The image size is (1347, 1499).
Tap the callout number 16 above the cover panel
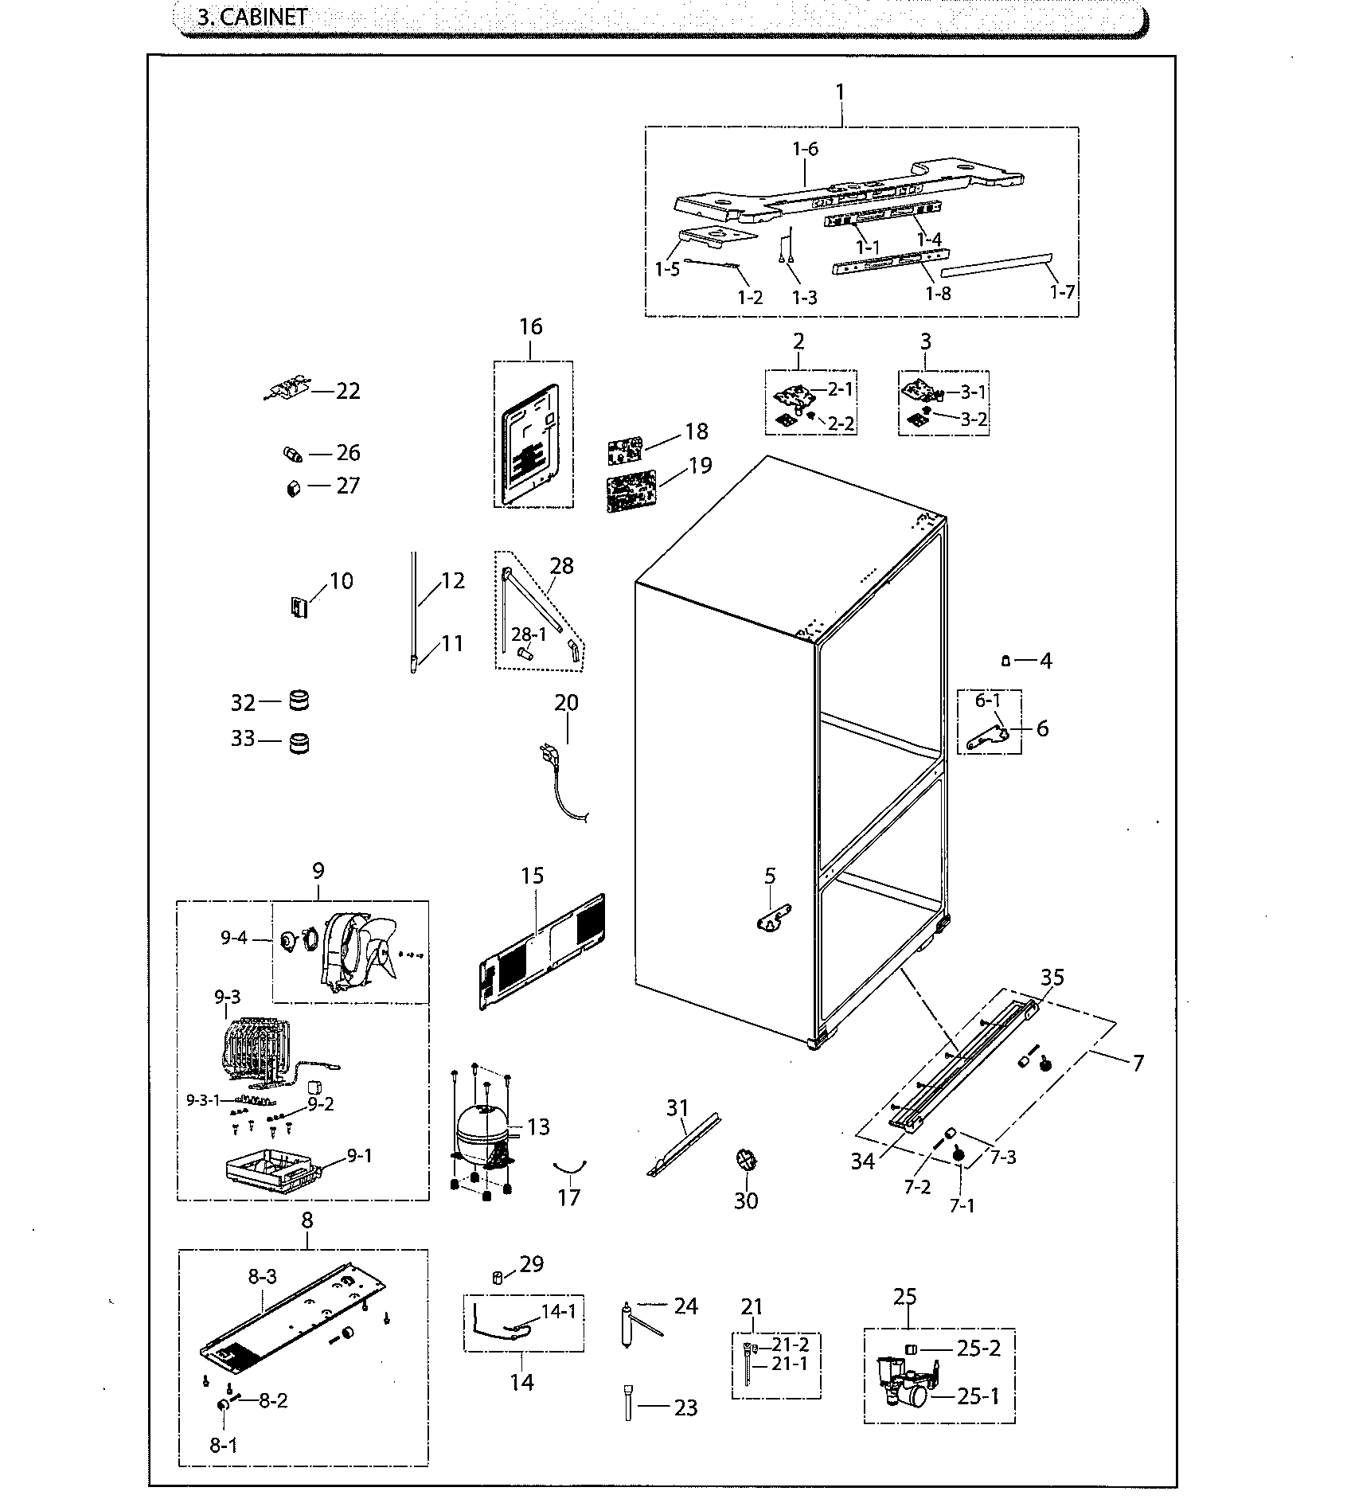pos(531,327)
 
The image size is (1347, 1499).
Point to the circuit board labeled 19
pos(631,494)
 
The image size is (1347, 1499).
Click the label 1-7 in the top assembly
pos(1062,291)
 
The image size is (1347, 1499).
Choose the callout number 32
pos(243,703)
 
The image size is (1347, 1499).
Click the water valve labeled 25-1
pos(904,1389)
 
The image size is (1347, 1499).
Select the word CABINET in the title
pos(264,18)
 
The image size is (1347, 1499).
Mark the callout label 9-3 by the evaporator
pos(227,997)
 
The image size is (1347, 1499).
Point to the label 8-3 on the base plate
pos(262,1277)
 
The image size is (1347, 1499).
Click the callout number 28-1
pos(529,634)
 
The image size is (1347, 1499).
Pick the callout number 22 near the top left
pos(348,391)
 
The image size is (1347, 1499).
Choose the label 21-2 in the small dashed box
pos(791,1345)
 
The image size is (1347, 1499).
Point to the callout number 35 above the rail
pos(1052,978)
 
